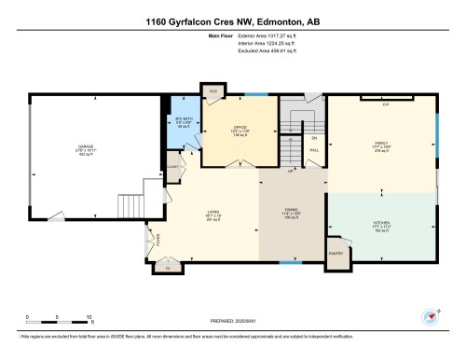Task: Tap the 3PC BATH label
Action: tap(184, 121)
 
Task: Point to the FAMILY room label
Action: tap(380, 144)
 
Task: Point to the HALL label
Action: tap(314, 149)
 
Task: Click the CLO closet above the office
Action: tap(213, 91)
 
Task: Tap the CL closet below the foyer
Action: tap(169, 268)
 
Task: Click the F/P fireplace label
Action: tap(384, 104)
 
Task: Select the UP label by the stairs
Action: tap(292, 172)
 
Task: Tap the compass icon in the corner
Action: tap(431, 315)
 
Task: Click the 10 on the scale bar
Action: tap(89, 317)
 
